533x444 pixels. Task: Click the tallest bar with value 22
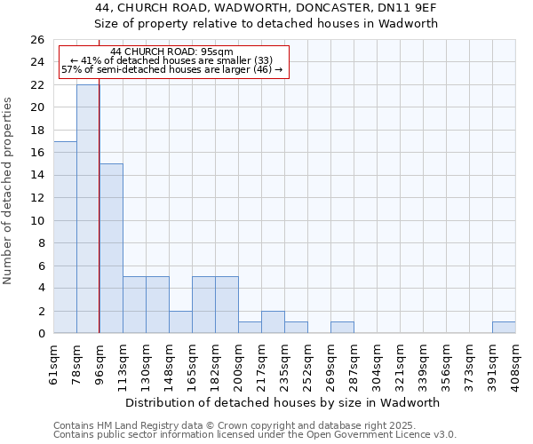tap(88, 209)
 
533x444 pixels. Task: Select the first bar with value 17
tap(65, 237)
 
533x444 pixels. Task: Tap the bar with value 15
tap(111, 249)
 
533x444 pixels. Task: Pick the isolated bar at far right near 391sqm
tap(504, 328)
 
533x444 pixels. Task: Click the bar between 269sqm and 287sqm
tap(342, 328)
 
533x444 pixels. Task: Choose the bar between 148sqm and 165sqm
tap(180, 322)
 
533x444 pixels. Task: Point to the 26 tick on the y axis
tap(37, 40)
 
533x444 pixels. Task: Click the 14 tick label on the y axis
tap(37, 176)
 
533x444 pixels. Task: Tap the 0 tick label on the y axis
tap(41, 334)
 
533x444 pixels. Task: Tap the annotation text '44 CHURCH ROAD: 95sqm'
tap(172, 52)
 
